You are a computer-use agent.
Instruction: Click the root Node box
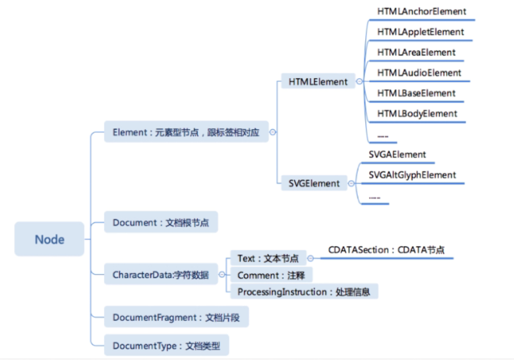tap(49, 239)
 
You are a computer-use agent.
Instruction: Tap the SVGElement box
tap(314, 183)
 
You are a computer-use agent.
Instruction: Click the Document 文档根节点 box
tap(161, 223)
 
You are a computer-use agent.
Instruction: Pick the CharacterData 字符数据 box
tap(160, 275)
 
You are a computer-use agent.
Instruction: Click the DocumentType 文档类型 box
tap(166, 346)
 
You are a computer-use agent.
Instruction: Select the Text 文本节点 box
tap(268, 258)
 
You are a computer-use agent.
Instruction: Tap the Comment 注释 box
tap(271, 275)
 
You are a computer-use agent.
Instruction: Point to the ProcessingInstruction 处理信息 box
tap(303, 292)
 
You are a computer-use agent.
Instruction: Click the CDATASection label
tap(386, 250)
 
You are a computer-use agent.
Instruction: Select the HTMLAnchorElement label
tap(421, 11)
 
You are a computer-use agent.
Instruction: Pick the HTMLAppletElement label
tap(420, 32)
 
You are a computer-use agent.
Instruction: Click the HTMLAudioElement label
tap(419, 73)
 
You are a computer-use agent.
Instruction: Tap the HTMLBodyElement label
tap(417, 114)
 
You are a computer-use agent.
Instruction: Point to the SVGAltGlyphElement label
tap(412, 175)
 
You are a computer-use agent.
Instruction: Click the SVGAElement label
tap(397, 155)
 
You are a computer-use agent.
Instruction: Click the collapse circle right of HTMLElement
tap(359, 81)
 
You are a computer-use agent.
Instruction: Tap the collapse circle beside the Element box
tap(273, 132)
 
